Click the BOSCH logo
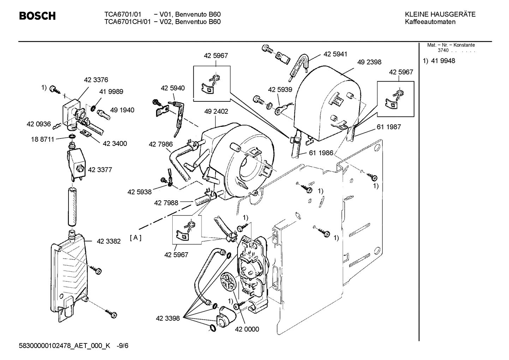tap(37, 16)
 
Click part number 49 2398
tap(369, 62)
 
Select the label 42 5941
tap(335, 54)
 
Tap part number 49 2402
tap(216, 111)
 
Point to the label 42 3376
tap(96, 80)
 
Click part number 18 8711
tap(42, 139)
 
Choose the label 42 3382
tap(109, 241)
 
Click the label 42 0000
tap(247, 329)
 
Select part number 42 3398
tap(168, 318)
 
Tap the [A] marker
tap(136, 238)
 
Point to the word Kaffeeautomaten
tap(430, 22)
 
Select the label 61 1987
tap(389, 127)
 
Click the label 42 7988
tap(166, 203)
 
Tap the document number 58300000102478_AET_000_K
tap(64, 346)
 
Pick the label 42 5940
tap(173, 88)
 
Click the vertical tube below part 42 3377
tap(72, 207)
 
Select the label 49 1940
tap(122, 110)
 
